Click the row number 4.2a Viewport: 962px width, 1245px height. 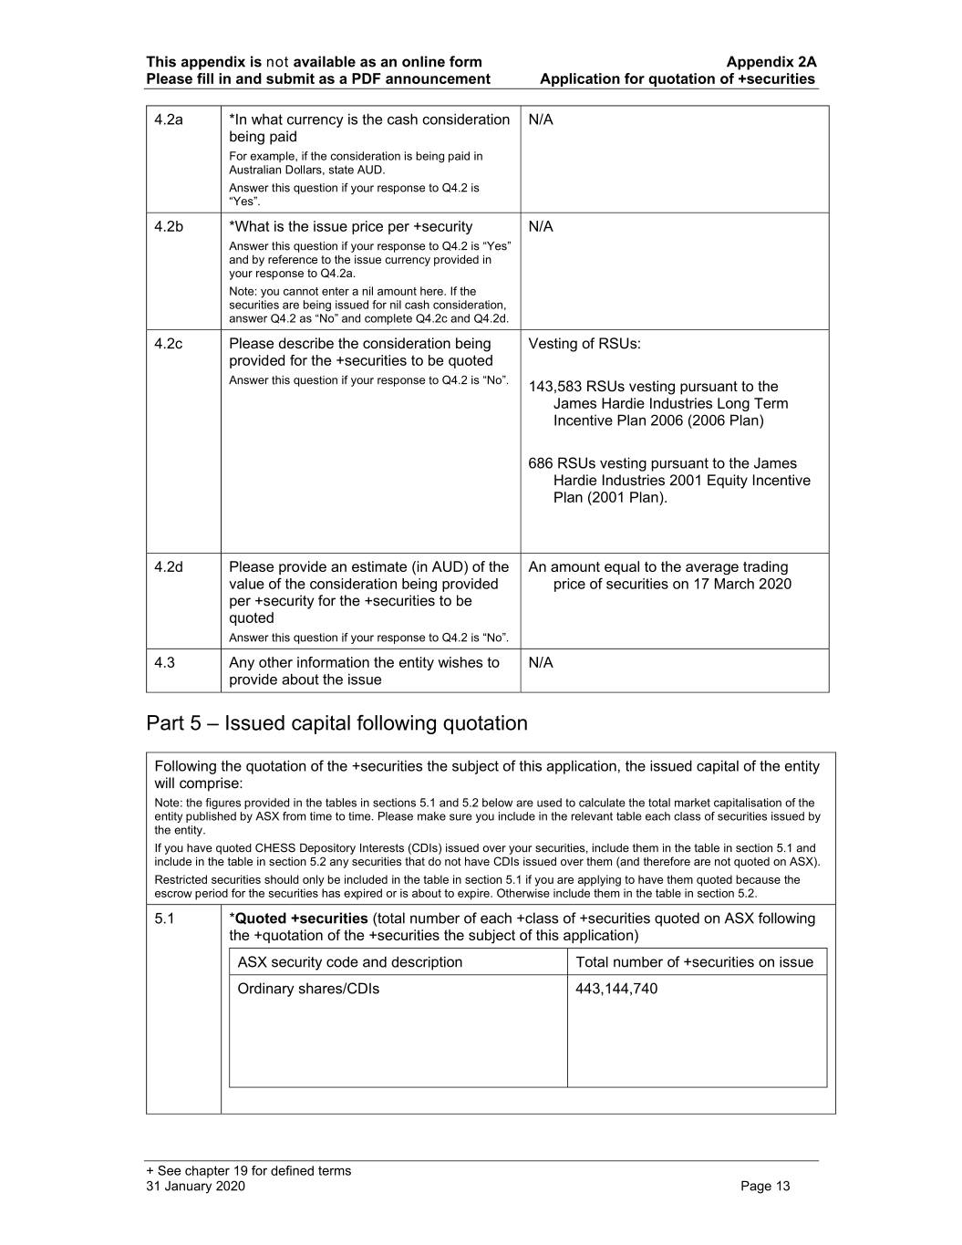click(169, 120)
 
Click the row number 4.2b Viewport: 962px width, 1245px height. click(169, 227)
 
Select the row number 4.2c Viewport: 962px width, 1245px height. click(169, 344)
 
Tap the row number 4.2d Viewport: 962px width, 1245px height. click(169, 567)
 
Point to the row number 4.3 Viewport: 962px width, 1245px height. click(164, 663)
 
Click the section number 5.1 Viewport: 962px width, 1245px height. click(164, 918)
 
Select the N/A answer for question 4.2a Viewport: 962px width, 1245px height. click(541, 120)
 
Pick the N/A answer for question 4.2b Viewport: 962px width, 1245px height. click(541, 227)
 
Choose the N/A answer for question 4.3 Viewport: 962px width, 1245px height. click(541, 663)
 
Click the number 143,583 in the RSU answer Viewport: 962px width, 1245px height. click(555, 387)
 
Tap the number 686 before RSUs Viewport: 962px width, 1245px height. click(540, 463)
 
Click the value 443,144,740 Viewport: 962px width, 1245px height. click(616, 989)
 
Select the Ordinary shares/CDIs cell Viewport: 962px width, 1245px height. click(308, 989)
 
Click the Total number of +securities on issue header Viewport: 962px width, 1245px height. click(694, 962)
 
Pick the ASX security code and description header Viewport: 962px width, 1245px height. click(349, 962)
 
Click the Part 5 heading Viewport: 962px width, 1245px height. click(336, 723)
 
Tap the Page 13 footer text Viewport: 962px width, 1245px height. click(765, 1186)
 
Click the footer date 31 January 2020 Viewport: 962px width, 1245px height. click(195, 1186)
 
